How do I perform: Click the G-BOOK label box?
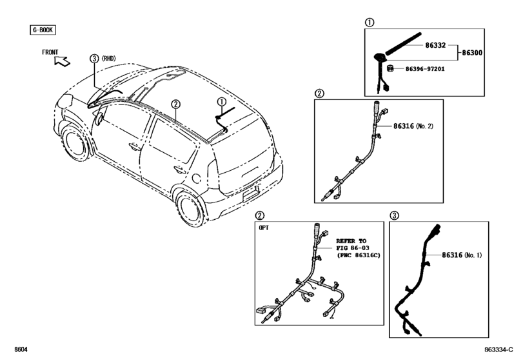click(42, 30)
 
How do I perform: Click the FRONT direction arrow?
click(63, 61)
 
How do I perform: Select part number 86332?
click(435, 45)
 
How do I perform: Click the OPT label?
click(265, 227)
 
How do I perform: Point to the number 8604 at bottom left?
click(19, 350)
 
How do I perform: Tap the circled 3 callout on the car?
click(94, 58)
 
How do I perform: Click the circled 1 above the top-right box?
click(370, 22)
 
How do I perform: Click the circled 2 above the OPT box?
click(260, 215)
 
